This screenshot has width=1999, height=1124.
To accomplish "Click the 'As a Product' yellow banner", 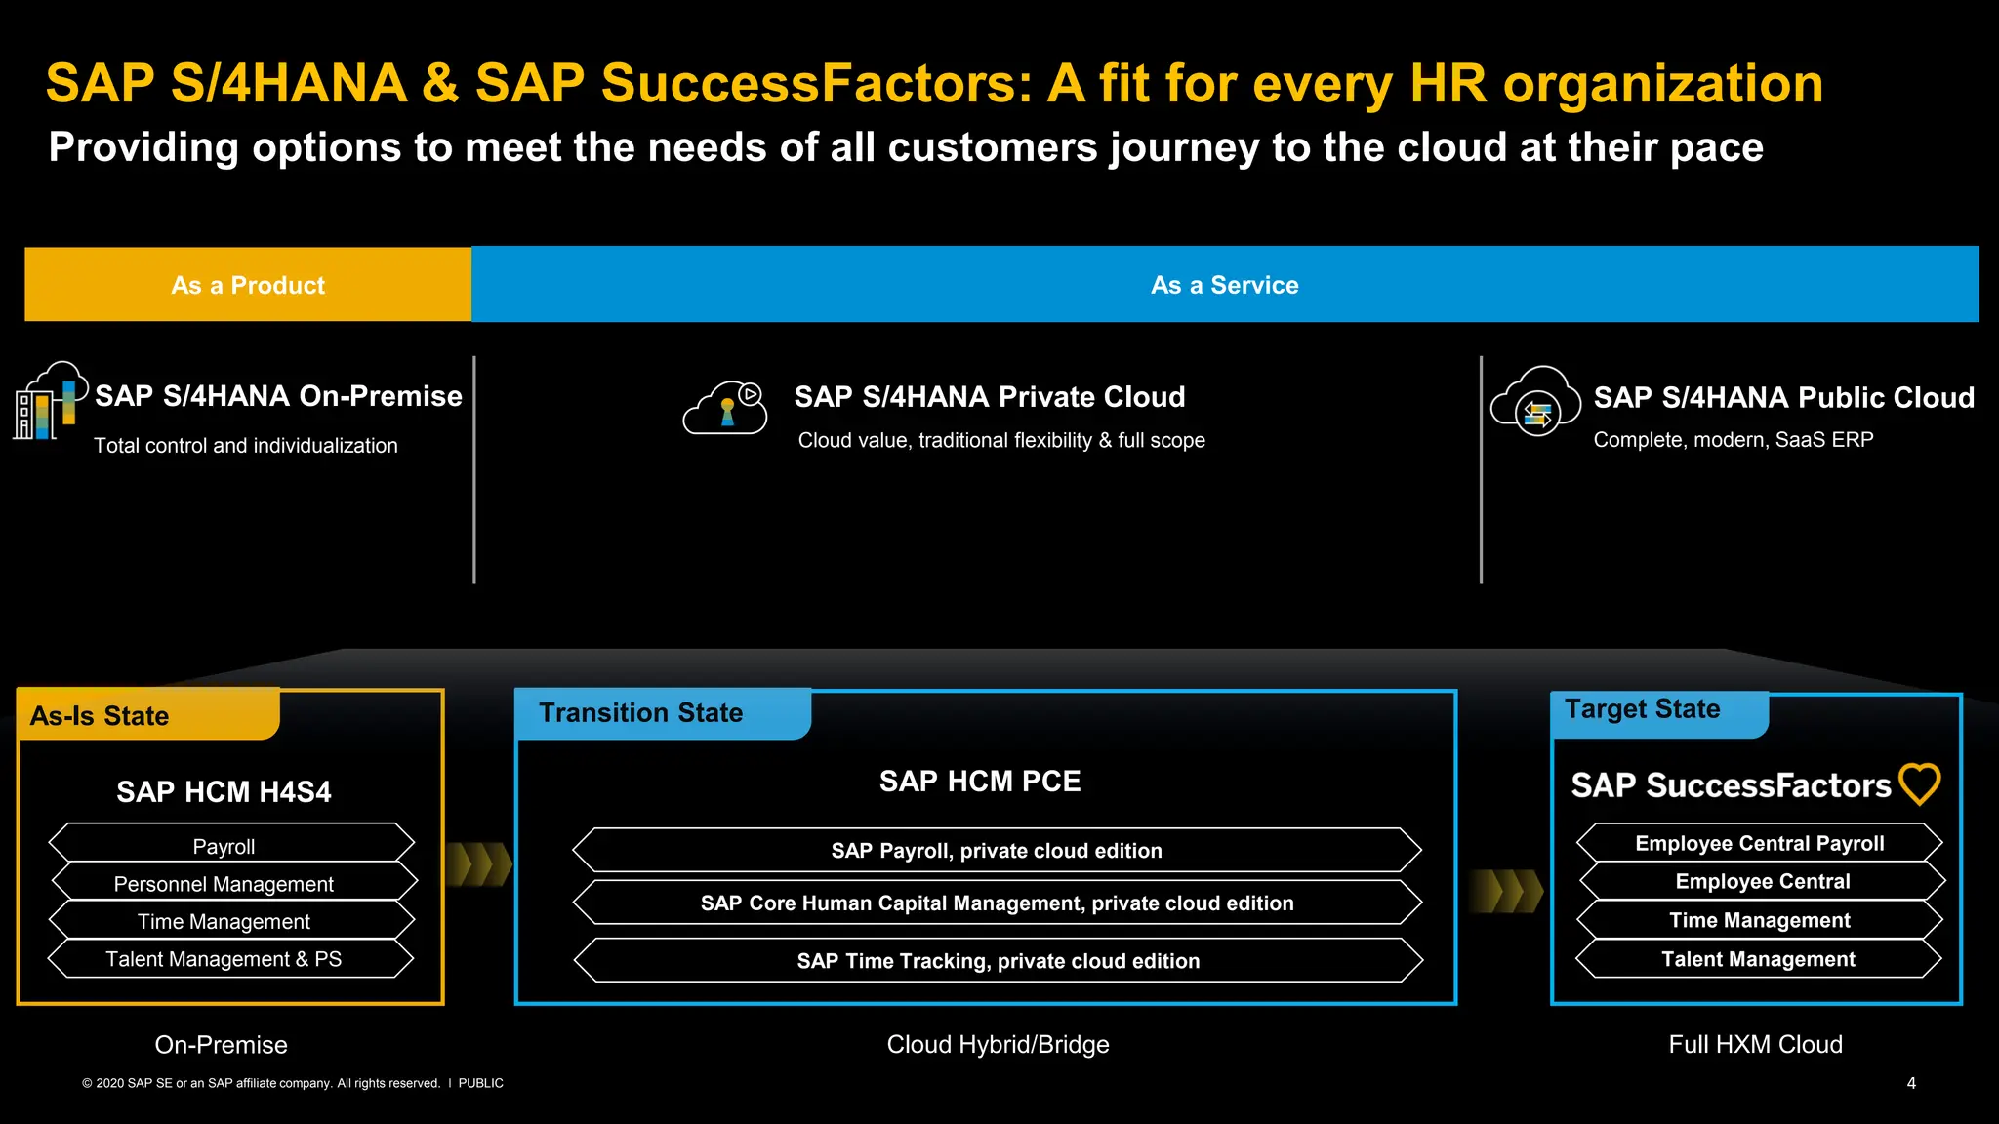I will pyautogui.click(x=248, y=285).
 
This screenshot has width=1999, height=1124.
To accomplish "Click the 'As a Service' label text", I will pyautogui.click(x=1224, y=285).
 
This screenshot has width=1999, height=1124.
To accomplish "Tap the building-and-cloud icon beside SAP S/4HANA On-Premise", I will pyautogui.click(x=49, y=401).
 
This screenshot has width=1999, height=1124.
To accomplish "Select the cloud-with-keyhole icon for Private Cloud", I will pyautogui.click(x=725, y=409).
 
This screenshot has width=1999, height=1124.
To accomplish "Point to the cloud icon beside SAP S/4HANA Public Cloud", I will pyautogui.click(x=1535, y=401).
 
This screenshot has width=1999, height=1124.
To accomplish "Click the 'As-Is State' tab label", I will pyautogui.click(x=100, y=716).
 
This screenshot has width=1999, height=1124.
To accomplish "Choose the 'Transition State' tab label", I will pyautogui.click(x=640, y=713).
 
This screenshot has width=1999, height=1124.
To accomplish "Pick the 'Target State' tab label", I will pyautogui.click(x=1642, y=709).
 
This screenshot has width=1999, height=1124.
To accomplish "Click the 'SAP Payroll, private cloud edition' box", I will pyautogui.click(x=997, y=850).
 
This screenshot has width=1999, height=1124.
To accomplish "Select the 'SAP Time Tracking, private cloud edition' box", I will pyautogui.click(x=998, y=961).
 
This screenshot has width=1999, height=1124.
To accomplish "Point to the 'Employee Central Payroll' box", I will pyautogui.click(x=1759, y=843).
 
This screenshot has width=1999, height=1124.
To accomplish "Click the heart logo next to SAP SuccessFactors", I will pyautogui.click(x=1919, y=783).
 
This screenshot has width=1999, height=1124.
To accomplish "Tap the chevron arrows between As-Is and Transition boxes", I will pyautogui.click(x=479, y=864).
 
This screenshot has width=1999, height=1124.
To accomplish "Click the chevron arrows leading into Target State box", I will pyautogui.click(x=1505, y=890).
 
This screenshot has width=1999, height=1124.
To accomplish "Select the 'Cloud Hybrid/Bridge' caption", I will pyautogui.click(x=998, y=1045).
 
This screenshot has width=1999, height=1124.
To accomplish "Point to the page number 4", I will pyautogui.click(x=1911, y=1083).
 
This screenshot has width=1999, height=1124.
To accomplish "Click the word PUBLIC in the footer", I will pyautogui.click(x=480, y=1083).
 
